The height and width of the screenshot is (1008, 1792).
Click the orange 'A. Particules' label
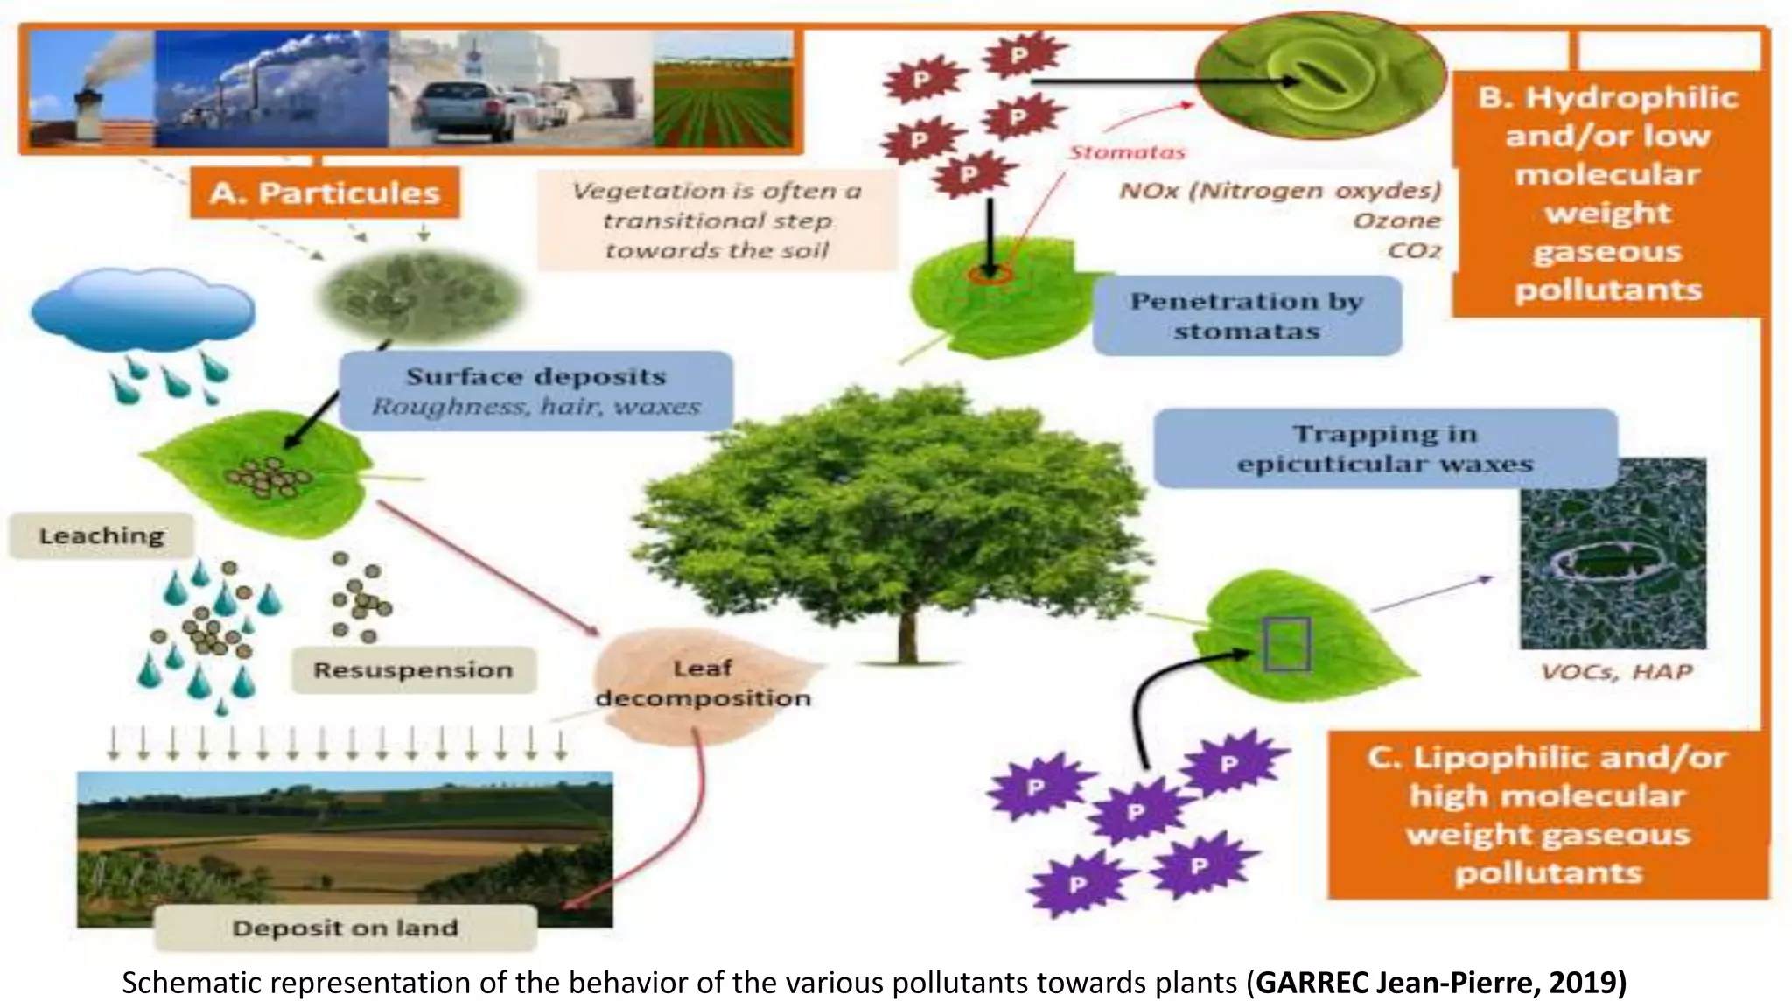tap(324, 192)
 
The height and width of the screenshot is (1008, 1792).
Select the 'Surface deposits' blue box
tap(535, 390)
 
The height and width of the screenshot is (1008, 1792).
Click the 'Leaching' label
tap(101, 535)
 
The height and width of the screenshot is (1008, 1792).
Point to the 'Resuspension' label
tap(413, 670)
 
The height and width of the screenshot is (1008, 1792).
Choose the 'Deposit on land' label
tap(345, 927)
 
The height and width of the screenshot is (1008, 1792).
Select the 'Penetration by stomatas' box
tap(1247, 316)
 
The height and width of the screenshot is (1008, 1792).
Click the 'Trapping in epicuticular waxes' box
tap(1385, 448)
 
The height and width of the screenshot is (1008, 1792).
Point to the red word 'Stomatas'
tap(1127, 152)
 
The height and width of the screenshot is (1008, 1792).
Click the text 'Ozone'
tap(1396, 220)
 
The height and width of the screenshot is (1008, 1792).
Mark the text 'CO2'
tap(1414, 251)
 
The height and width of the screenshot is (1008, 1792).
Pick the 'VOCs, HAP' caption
tap(1616, 672)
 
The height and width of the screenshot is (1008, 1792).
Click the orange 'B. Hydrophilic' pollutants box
tap(1608, 192)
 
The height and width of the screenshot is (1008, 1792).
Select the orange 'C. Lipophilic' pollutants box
tap(1547, 815)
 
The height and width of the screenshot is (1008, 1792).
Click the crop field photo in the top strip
tap(723, 90)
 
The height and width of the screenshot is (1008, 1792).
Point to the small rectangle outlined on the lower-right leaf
tap(1287, 644)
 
